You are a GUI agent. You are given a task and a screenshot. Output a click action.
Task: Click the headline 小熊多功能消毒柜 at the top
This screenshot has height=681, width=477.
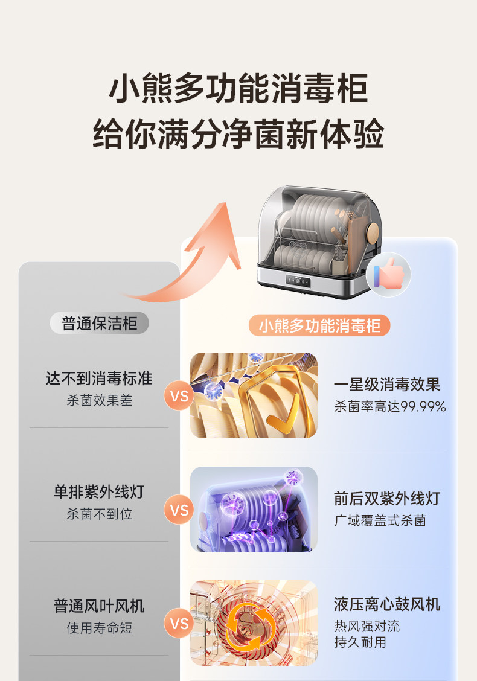pyautogui.click(x=238, y=89)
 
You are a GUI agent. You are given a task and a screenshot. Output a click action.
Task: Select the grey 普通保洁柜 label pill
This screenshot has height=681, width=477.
pyautogui.click(x=99, y=323)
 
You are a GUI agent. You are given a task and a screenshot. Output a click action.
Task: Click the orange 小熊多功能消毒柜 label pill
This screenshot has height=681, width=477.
pyautogui.click(x=319, y=326)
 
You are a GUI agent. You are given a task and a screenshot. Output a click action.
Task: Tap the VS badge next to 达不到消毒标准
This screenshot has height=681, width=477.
pyautogui.click(x=179, y=397)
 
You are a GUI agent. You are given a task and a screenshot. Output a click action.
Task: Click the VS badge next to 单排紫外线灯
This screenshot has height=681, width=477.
pyautogui.click(x=179, y=511)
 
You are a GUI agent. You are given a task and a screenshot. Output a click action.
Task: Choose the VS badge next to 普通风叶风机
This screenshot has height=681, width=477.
pyautogui.click(x=179, y=622)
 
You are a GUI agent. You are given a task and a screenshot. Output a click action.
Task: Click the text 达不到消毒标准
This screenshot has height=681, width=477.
pyautogui.click(x=99, y=379)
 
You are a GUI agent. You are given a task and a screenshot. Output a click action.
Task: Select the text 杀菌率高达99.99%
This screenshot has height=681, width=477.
pyautogui.click(x=389, y=407)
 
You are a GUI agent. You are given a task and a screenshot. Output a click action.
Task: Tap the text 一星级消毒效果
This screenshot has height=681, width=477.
pyautogui.click(x=387, y=385)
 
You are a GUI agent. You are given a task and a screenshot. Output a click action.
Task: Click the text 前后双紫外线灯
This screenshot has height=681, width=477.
pyautogui.click(x=387, y=498)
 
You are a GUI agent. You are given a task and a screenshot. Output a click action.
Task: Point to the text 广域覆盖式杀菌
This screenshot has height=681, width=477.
pyautogui.click(x=380, y=520)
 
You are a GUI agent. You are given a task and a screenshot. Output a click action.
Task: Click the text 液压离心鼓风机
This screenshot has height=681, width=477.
pyautogui.click(x=387, y=604)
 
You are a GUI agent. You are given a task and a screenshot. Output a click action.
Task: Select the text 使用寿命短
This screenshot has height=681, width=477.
pyautogui.click(x=99, y=628)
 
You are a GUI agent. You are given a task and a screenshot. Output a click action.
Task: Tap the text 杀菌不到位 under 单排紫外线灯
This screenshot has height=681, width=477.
pyautogui.click(x=99, y=514)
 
